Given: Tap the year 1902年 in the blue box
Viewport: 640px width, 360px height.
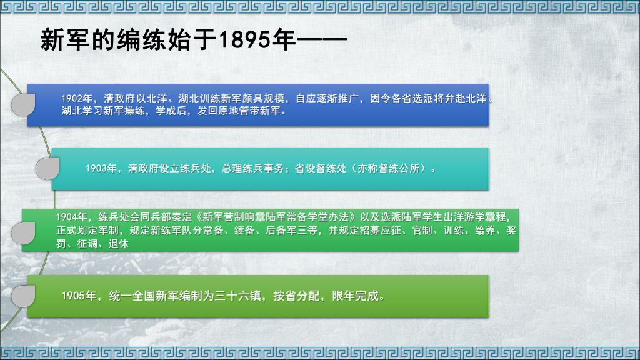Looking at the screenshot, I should (x=77, y=99).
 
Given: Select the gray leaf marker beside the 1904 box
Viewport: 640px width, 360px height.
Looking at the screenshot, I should (x=24, y=233).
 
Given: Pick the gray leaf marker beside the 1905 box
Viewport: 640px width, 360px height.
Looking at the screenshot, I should (x=24, y=296).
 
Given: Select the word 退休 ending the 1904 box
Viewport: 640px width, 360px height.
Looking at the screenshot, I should (x=119, y=244).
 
